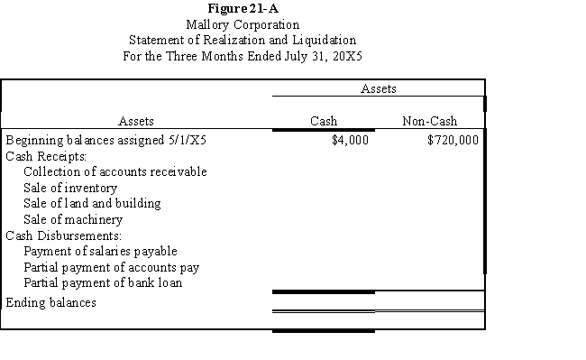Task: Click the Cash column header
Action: (324, 121)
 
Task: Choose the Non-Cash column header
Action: (429, 121)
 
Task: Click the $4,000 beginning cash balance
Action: (351, 140)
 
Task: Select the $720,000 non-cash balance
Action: (453, 140)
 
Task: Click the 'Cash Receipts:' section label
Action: (46, 156)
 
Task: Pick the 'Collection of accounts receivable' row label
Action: (115, 171)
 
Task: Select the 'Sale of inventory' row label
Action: (70, 188)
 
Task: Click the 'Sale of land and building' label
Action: (92, 203)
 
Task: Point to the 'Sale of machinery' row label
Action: (73, 219)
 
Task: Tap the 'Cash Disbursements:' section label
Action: (63, 235)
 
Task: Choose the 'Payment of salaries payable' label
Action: (100, 251)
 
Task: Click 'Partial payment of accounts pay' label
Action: (112, 267)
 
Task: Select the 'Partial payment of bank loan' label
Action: (103, 282)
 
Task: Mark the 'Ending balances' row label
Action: (50, 302)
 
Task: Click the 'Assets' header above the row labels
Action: (136, 121)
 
